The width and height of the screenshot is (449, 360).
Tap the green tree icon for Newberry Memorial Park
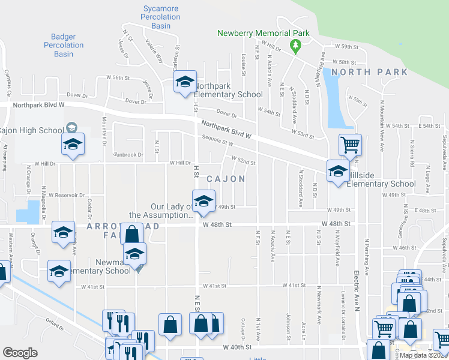(295, 45)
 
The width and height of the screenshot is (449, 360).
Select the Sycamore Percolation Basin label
(161, 17)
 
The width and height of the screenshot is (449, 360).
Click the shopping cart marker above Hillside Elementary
(349, 144)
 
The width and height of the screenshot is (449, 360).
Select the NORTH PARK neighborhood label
(369, 72)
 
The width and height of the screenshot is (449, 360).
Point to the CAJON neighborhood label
(226, 179)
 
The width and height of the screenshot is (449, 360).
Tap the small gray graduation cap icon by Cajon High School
(71, 127)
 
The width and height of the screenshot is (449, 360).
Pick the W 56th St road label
(118, 77)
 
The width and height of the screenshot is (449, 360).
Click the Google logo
(20, 353)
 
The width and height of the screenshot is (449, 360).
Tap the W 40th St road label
(237, 347)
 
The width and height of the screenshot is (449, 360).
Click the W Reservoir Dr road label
(68, 195)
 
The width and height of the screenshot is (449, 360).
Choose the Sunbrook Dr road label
(128, 154)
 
